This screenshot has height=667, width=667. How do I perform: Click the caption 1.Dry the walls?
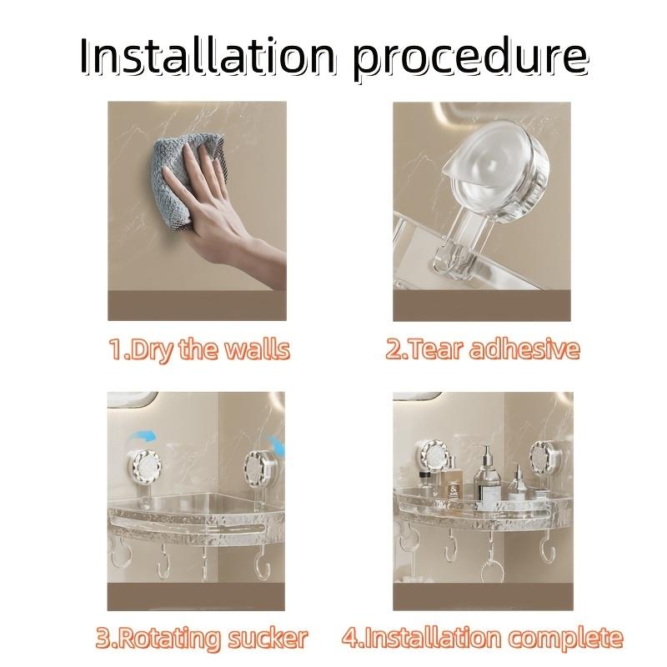[198, 349]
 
